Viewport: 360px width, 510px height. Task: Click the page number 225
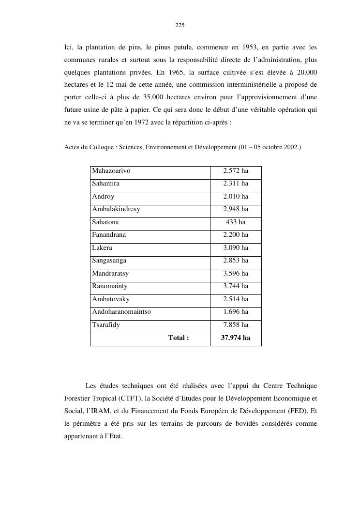point(180,25)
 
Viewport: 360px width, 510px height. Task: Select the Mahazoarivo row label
point(111,171)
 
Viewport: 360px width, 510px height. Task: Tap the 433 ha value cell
point(236,222)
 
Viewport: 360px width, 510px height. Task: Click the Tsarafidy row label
point(106,325)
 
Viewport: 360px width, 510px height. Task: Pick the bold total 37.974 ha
point(236,338)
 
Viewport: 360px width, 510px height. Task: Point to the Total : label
point(179,338)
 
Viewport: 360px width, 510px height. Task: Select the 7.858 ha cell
point(236,325)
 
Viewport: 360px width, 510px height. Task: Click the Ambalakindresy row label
point(116,209)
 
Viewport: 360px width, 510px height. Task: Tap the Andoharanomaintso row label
point(121,312)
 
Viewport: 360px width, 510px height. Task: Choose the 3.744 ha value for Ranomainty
point(236,286)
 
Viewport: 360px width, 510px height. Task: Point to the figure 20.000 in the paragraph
point(306,73)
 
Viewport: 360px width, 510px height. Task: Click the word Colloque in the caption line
point(99,147)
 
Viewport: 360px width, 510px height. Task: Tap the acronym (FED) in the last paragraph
point(299,411)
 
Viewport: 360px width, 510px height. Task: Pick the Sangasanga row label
point(109,261)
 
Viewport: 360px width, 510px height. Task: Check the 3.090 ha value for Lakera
point(236,248)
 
